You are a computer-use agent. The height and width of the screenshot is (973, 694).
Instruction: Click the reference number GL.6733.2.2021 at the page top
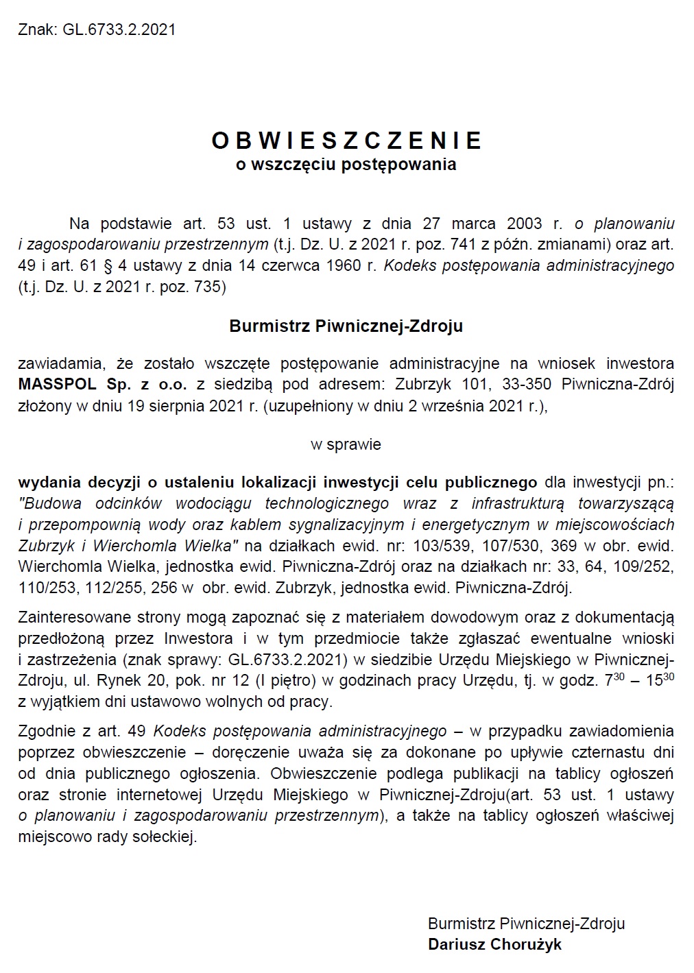click(119, 29)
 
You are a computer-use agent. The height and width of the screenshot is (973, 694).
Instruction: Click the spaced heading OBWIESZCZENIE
click(346, 141)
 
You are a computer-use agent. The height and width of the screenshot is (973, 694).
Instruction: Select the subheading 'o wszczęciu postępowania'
click(346, 165)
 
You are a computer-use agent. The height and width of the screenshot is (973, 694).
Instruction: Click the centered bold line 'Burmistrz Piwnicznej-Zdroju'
click(346, 326)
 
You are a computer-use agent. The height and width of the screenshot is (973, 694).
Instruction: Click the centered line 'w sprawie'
click(346, 444)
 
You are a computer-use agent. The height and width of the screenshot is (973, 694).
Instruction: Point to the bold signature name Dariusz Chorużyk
click(494, 945)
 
